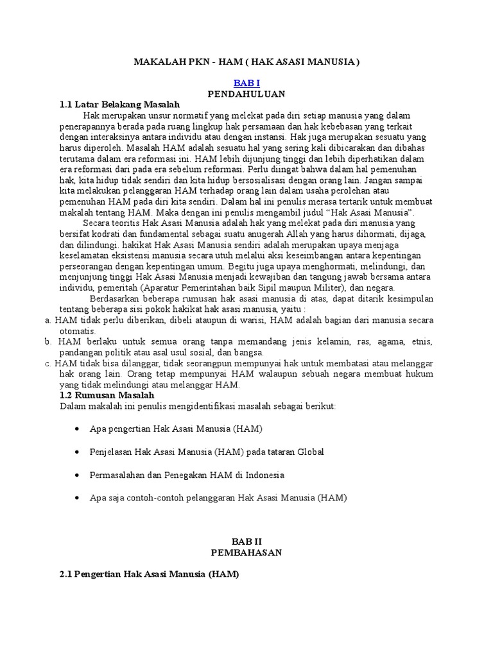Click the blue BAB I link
(246, 83)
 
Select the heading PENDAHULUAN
(246, 94)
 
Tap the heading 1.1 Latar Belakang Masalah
(119, 105)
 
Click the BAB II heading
(246, 542)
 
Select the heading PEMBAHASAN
(246, 552)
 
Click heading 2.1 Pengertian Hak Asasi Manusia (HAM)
(149, 574)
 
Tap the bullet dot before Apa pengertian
(78, 429)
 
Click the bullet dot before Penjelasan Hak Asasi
(78, 452)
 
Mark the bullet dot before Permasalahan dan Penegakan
(78, 475)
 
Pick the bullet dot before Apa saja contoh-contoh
(78, 498)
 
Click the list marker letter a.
(48, 320)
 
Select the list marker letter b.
(48, 342)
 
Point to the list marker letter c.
(48, 364)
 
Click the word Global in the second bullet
(310, 452)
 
